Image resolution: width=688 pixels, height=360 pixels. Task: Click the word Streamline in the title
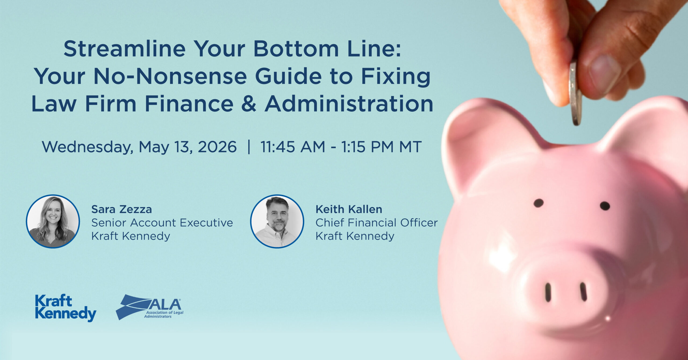124,49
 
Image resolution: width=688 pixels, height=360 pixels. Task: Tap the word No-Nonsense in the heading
170,77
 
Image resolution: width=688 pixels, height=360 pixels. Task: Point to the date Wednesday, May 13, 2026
139,147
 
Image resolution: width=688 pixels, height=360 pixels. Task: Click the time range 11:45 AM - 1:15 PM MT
341,147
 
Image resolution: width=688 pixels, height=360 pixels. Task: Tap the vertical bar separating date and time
249,147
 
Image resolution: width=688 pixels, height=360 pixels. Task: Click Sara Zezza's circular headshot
53,221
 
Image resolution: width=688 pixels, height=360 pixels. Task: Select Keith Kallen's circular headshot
277,221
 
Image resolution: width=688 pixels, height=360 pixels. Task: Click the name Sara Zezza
121,209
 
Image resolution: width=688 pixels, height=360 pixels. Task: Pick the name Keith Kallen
349,209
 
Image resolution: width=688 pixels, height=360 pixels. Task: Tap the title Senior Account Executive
162,223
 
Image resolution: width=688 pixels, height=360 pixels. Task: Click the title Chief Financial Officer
377,223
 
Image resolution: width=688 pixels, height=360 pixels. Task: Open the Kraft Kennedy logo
66,308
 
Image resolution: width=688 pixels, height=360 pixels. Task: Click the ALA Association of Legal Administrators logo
150,307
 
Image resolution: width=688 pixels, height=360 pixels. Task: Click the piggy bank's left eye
539,203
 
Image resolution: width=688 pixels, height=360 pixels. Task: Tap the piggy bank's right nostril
583,292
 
